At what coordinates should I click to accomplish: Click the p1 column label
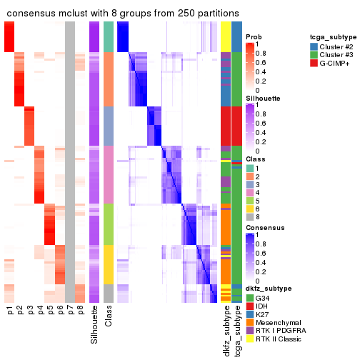click(x=10, y=311)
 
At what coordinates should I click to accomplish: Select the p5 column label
click(x=50, y=311)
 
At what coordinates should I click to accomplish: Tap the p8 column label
click(x=80, y=311)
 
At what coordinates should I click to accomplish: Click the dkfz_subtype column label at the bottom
click(x=226, y=330)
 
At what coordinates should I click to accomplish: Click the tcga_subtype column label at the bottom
click(x=236, y=329)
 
